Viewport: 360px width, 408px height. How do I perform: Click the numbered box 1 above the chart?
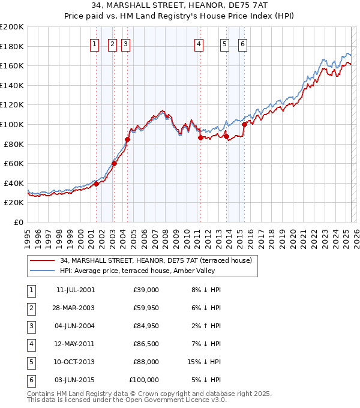click(95, 44)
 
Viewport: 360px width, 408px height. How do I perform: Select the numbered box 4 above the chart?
click(199, 44)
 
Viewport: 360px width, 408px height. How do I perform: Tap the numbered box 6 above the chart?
click(242, 44)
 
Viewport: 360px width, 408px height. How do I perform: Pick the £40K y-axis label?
click(14, 183)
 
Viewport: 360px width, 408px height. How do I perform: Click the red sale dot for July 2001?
click(96, 184)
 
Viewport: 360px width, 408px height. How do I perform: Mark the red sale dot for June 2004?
click(127, 139)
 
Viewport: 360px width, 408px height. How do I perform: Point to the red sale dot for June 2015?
click(244, 125)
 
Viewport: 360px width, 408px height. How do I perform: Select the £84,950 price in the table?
click(143, 326)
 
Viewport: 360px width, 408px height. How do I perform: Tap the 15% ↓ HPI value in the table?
click(205, 362)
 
